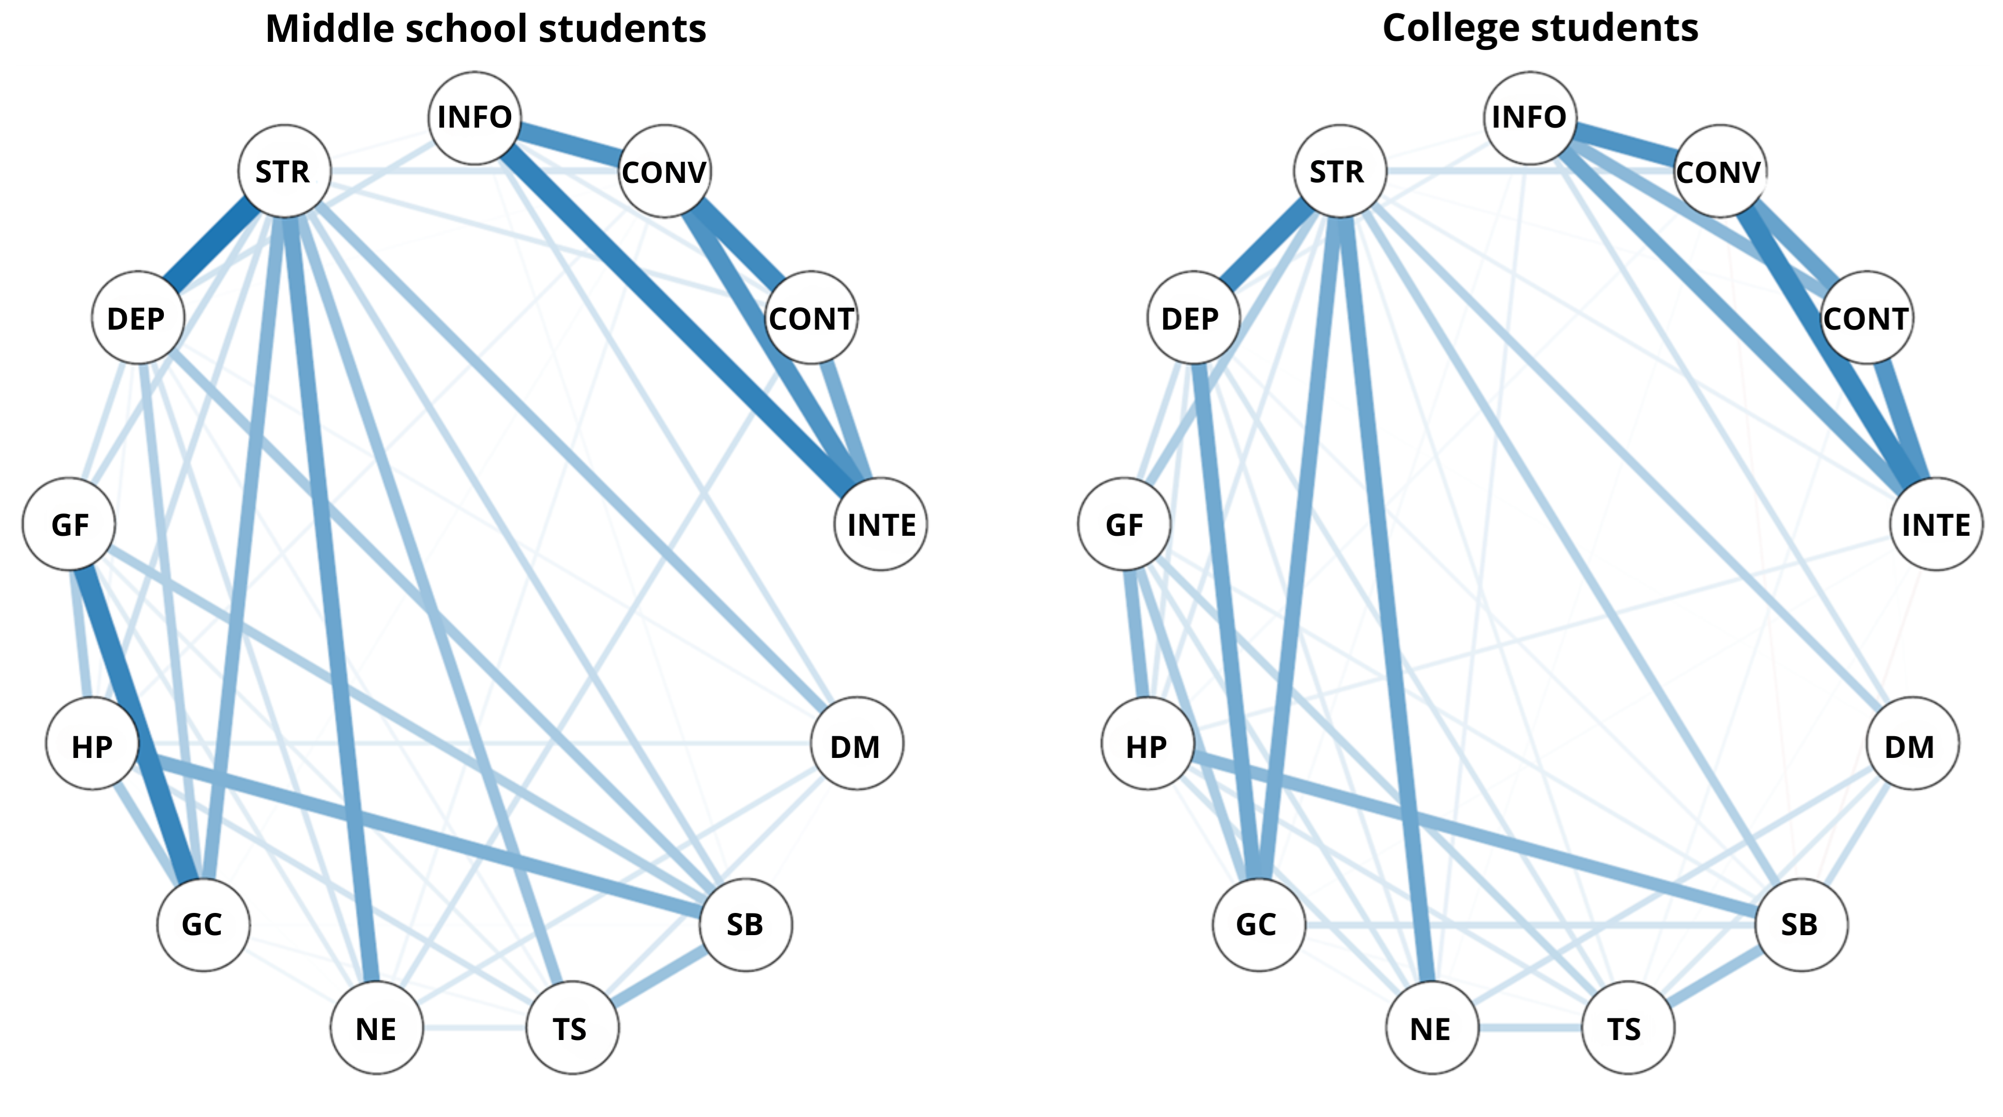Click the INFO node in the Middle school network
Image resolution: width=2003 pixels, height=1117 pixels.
click(475, 117)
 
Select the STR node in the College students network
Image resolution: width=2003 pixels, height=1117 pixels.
click(1339, 171)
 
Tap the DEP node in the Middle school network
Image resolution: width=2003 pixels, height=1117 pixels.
click(137, 318)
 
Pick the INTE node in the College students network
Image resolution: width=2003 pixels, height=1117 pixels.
click(1935, 525)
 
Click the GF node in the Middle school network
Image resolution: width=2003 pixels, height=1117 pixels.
click(69, 525)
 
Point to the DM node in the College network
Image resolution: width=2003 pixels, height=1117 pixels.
click(1911, 746)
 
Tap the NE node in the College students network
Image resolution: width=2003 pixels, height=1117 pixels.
click(1431, 1028)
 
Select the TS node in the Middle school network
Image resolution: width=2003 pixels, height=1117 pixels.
click(572, 1028)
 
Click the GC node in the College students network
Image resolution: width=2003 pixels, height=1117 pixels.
click(1257, 924)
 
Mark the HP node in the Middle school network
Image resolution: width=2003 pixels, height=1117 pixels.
click(93, 746)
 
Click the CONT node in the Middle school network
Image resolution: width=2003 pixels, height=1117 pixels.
click(811, 318)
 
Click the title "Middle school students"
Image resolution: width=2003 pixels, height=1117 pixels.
click(485, 29)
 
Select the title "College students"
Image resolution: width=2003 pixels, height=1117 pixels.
click(1539, 29)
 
